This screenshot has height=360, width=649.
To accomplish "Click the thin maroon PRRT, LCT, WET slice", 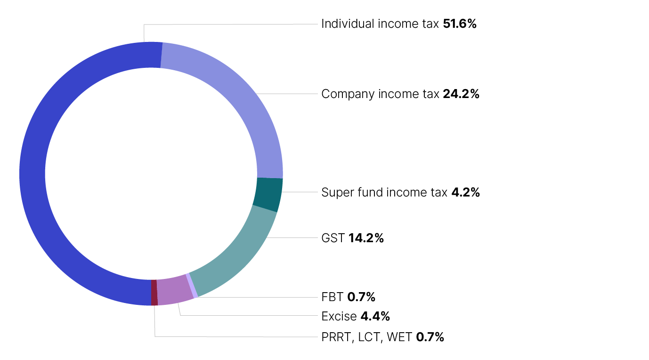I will (x=154, y=293).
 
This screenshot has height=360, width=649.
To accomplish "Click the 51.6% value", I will (x=460, y=24).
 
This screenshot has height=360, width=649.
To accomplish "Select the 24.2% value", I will (x=461, y=94).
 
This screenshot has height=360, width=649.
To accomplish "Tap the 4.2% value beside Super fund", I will (x=465, y=192).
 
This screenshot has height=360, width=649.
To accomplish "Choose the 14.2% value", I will (x=366, y=238).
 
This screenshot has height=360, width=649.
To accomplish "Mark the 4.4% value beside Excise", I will (x=375, y=316).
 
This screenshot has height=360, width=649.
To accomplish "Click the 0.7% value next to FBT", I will (x=361, y=297).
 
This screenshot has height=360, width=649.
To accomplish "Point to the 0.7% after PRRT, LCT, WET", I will (x=430, y=337).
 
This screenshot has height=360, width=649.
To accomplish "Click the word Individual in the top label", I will (x=348, y=24).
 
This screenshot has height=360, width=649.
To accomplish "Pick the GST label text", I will (x=333, y=238).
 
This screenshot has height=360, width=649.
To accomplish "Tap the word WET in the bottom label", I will (x=399, y=337).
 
